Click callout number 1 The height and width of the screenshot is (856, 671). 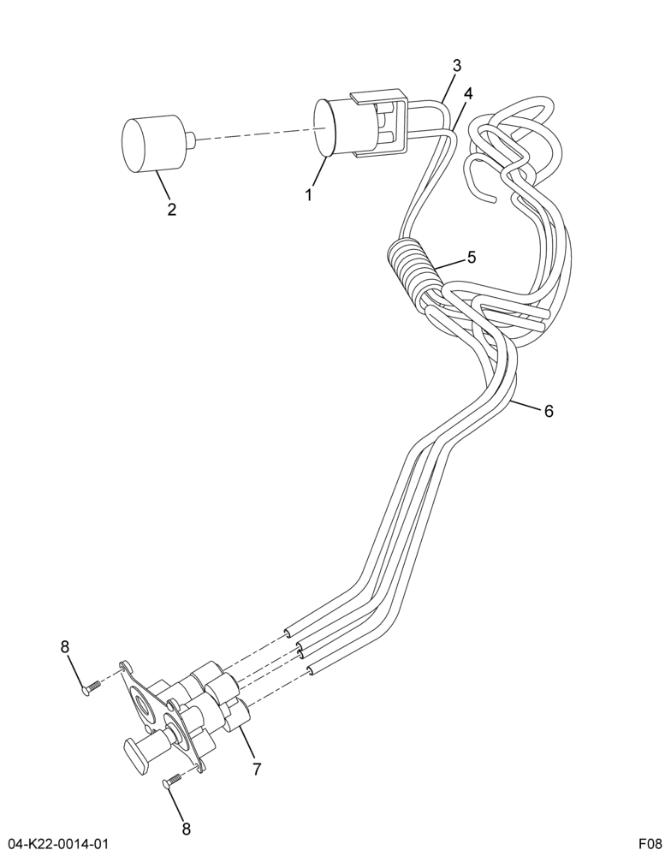[x=309, y=194]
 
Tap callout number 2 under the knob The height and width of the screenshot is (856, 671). [x=172, y=209]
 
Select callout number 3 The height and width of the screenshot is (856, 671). [x=457, y=66]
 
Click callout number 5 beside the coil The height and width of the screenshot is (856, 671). [x=472, y=257]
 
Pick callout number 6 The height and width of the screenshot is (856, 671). [x=549, y=411]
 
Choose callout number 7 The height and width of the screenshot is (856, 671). [x=257, y=770]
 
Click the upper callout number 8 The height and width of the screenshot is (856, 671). [x=65, y=647]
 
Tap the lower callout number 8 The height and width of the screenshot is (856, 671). [x=187, y=829]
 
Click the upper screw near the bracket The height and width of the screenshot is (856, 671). [x=92, y=687]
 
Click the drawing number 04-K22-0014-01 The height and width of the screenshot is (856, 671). [x=55, y=844]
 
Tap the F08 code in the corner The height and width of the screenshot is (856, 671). [x=650, y=844]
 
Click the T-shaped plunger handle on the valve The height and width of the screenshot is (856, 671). [x=136, y=746]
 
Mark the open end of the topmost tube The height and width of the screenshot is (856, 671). [x=287, y=633]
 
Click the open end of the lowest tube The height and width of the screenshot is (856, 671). [x=311, y=670]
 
